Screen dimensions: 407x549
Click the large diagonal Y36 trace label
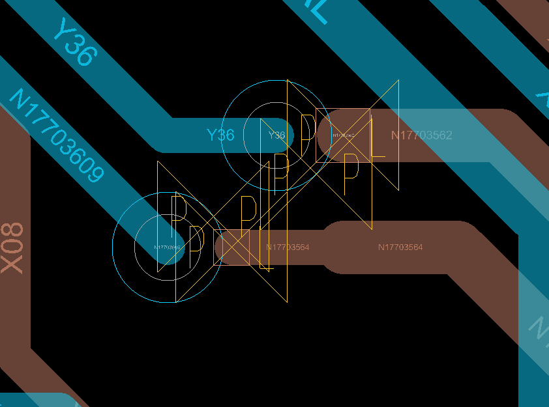74,42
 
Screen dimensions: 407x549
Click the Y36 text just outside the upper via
220,135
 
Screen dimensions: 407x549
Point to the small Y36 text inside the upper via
277,135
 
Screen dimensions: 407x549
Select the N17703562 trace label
421,135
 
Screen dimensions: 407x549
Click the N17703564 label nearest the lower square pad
288,247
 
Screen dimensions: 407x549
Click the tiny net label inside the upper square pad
344,135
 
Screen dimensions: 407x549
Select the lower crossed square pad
231,247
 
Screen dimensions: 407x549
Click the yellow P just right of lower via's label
194,247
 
